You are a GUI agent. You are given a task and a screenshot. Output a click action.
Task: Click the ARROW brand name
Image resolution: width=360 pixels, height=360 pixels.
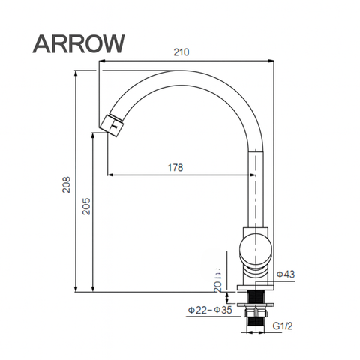coord(78,43)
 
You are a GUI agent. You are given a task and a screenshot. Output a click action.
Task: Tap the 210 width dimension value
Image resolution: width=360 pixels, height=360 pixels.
coord(180,52)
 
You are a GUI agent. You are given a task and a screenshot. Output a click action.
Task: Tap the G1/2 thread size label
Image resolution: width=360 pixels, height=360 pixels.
coord(282,327)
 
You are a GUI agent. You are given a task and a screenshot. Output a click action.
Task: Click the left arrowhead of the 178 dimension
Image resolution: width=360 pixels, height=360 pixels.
coord(111,176)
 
